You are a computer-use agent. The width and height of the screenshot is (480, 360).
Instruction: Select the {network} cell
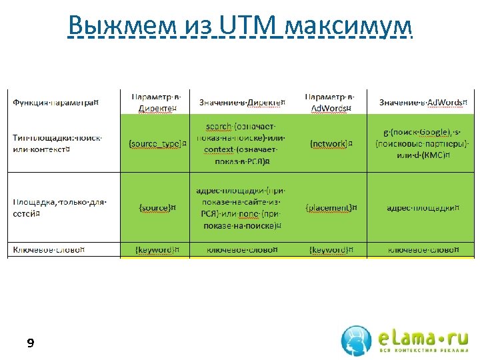331,143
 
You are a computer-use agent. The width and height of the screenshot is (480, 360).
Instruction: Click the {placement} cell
331,207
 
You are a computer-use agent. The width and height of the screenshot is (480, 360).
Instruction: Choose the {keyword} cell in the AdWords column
331,250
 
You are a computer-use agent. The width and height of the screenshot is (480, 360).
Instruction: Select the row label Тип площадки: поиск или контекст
57,143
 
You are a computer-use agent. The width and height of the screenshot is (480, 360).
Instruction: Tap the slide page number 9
30,344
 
